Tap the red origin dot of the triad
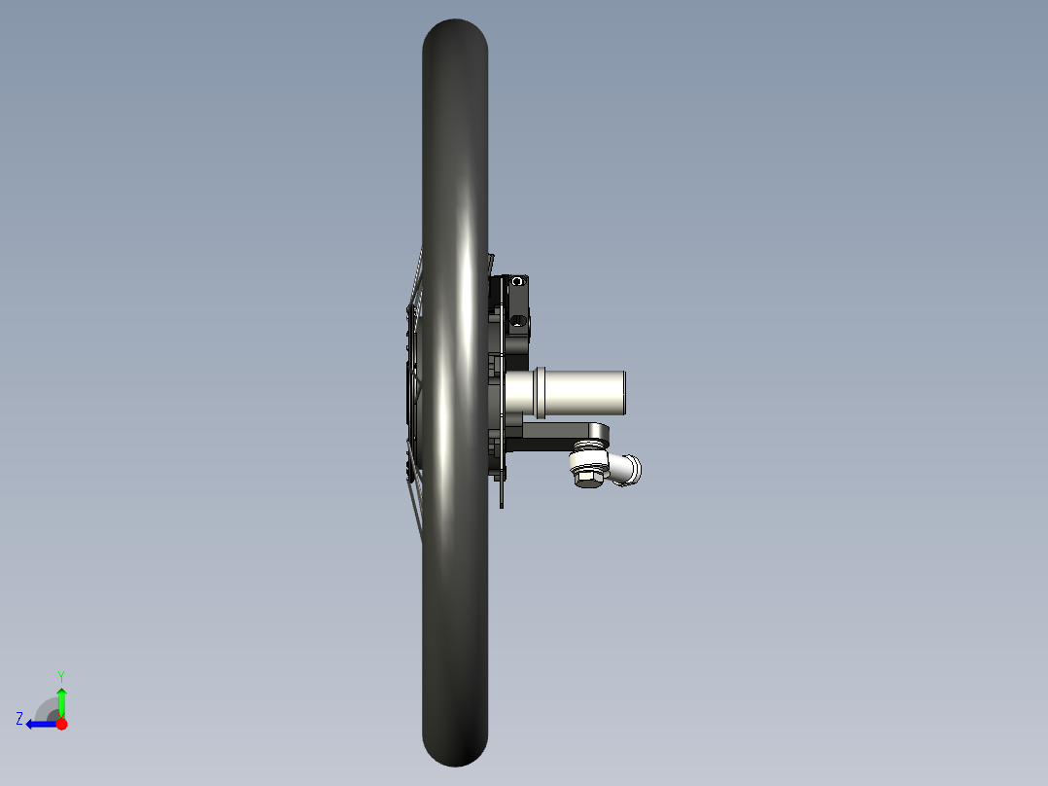pos(61,724)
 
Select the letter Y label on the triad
pos(60,674)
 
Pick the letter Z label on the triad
pos(19,719)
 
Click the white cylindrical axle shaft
pos(583,393)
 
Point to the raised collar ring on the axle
pos(540,393)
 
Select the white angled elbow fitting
pos(625,469)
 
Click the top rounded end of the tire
pos(454,34)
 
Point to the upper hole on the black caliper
pos(518,281)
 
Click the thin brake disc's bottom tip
pos(502,503)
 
